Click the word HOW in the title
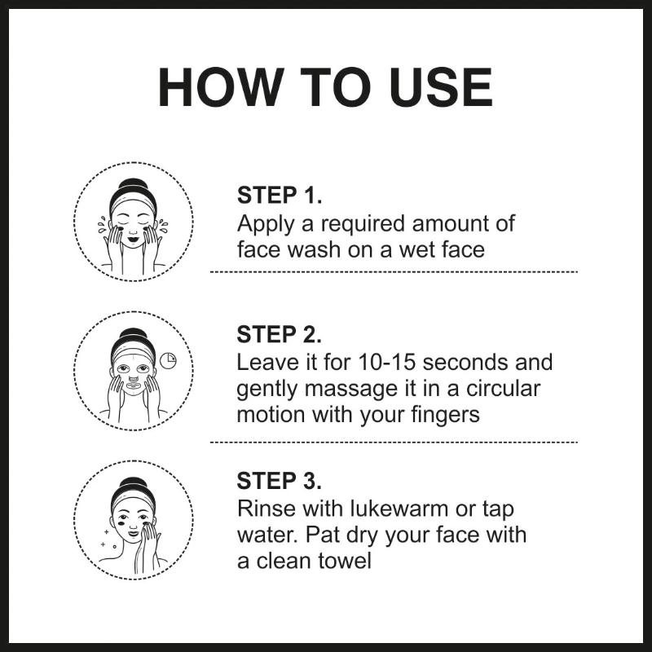(219, 88)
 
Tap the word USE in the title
(441, 88)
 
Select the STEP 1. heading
(280, 195)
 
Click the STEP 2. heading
(279, 334)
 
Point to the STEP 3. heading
(279, 481)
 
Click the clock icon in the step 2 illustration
(168, 360)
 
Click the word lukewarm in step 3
(399, 509)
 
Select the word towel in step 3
(345, 561)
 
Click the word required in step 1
(363, 225)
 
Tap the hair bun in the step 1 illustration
(133, 184)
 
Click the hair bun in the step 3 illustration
(133, 482)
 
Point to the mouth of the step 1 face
(134, 240)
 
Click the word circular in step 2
(503, 389)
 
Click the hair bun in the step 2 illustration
(133, 333)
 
